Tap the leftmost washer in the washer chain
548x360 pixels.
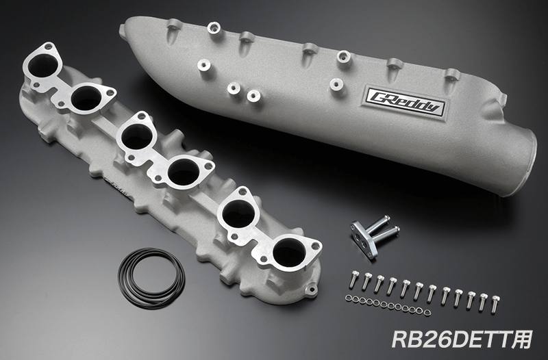(349, 298)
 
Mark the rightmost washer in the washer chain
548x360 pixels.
(427, 313)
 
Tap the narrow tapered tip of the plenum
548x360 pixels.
(123, 31)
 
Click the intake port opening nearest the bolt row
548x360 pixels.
(288, 254)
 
